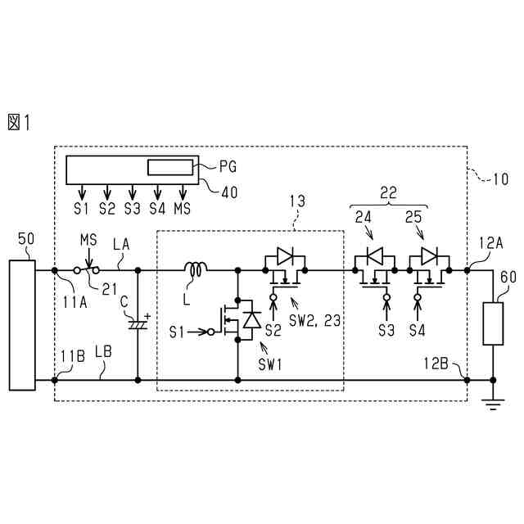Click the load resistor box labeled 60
pos(494,323)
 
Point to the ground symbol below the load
pos(494,401)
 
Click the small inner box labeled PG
pos(170,168)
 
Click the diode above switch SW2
pos(284,257)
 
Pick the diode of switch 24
pos(374,257)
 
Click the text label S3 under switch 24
pos(386,332)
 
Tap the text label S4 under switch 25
pos(418,332)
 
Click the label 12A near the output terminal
pos(491,242)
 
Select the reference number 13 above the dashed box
pos(298,200)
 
